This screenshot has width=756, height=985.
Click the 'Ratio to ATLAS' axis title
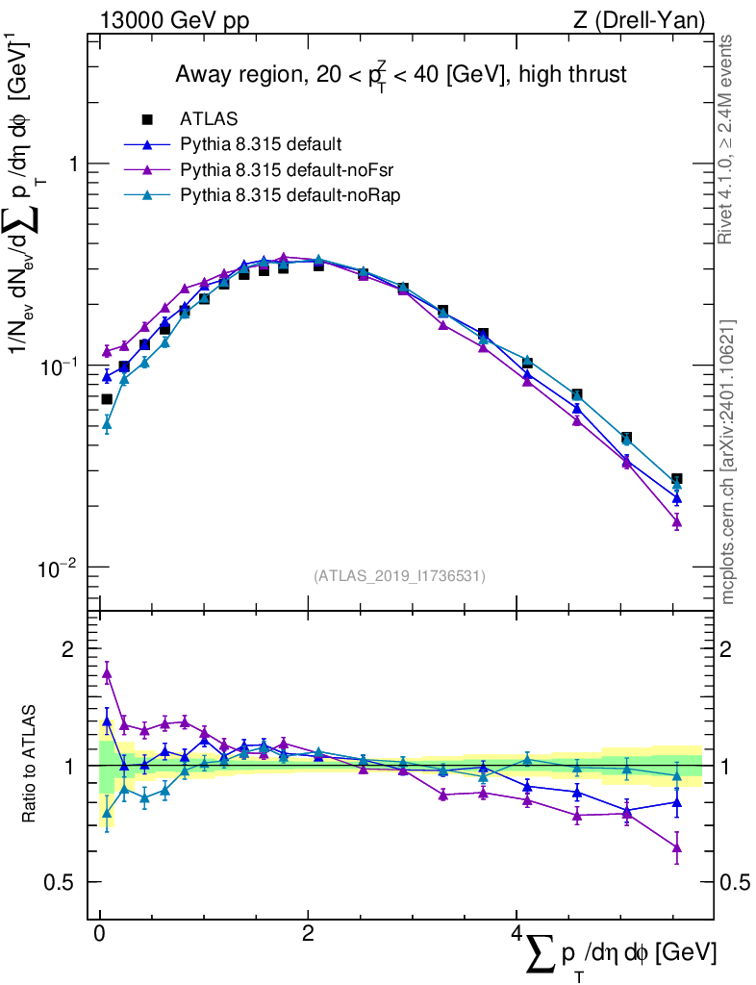tap(32, 766)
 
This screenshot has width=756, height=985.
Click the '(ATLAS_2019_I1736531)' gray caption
tap(399, 576)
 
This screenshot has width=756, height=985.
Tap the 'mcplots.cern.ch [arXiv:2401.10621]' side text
tap(727, 462)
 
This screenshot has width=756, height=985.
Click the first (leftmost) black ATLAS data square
tap(107, 399)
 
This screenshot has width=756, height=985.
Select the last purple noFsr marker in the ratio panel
tap(677, 847)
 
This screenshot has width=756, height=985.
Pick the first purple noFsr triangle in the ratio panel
tap(107, 674)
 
